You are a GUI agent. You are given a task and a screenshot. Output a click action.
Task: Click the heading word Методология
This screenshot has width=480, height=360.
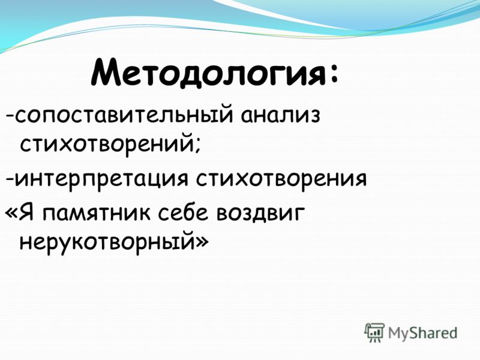[x=208, y=73]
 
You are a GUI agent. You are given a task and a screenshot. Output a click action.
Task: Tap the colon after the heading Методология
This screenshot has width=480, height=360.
[x=333, y=74]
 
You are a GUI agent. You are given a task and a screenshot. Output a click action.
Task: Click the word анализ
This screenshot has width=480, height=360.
[x=280, y=116]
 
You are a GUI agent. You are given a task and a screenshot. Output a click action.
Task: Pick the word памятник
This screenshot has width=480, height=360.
[x=97, y=214]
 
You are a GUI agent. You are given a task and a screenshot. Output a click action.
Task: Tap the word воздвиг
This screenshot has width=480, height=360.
[x=260, y=213]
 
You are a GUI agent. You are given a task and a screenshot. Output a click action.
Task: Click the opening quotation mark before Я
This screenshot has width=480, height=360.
[x=11, y=214]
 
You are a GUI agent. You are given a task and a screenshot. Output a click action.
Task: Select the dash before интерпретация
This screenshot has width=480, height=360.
[x=10, y=181]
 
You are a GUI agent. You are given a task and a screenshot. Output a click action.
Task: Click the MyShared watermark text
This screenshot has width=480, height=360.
[x=422, y=333]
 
